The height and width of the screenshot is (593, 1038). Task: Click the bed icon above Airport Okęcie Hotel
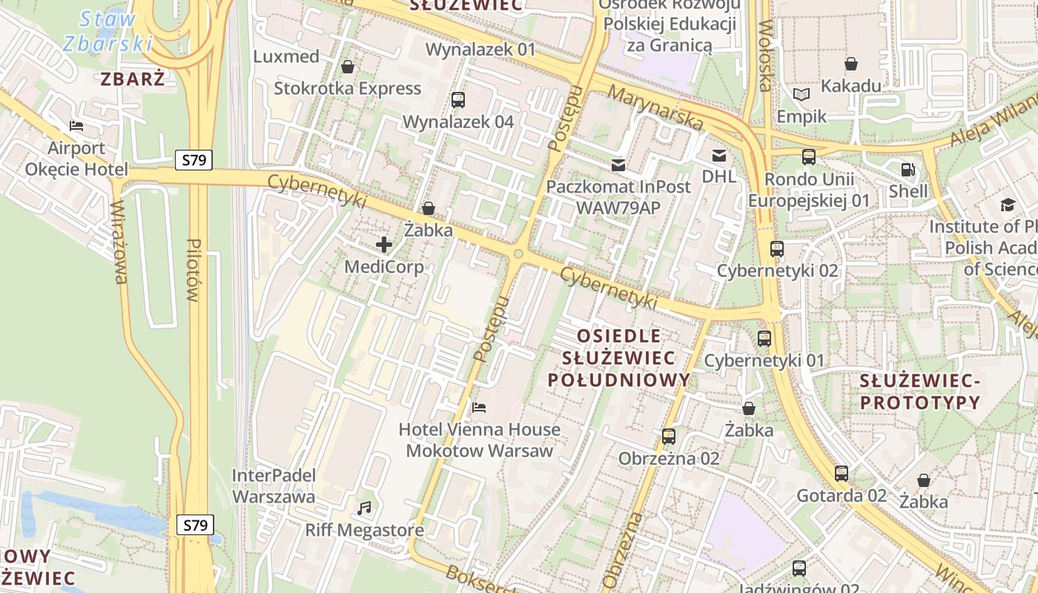click(x=76, y=126)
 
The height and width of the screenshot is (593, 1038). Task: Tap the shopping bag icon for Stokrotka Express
click(x=347, y=67)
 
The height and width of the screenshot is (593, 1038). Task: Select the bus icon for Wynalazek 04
click(x=457, y=99)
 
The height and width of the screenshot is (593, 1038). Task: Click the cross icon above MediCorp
click(x=384, y=244)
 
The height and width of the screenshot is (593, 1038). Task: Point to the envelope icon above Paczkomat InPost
click(x=618, y=165)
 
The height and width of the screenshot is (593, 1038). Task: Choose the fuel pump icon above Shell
click(x=908, y=170)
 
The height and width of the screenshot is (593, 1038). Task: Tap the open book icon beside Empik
click(x=801, y=94)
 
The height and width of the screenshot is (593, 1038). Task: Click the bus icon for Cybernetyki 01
click(x=764, y=339)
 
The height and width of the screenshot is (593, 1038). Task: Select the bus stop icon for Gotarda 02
click(x=841, y=473)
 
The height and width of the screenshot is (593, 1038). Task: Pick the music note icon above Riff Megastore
click(x=364, y=508)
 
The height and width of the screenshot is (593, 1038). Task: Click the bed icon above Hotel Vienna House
click(x=479, y=407)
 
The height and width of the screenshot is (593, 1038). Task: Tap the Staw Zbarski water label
click(x=108, y=31)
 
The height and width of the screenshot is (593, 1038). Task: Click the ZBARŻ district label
click(x=133, y=79)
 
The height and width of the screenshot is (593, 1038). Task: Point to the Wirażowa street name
click(x=119, y=242)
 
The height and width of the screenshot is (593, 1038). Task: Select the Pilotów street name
click(x=194, y=270)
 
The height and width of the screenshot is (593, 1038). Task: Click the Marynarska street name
click(x=655, y=107)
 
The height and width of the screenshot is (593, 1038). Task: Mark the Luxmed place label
click(x=286, y=56)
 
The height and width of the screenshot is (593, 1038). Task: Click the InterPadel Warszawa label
click(x=274, y=486)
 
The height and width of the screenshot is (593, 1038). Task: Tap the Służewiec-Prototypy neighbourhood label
click(x=919, y=391)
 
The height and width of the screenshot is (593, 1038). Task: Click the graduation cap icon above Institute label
click(x=1008, y=205)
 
